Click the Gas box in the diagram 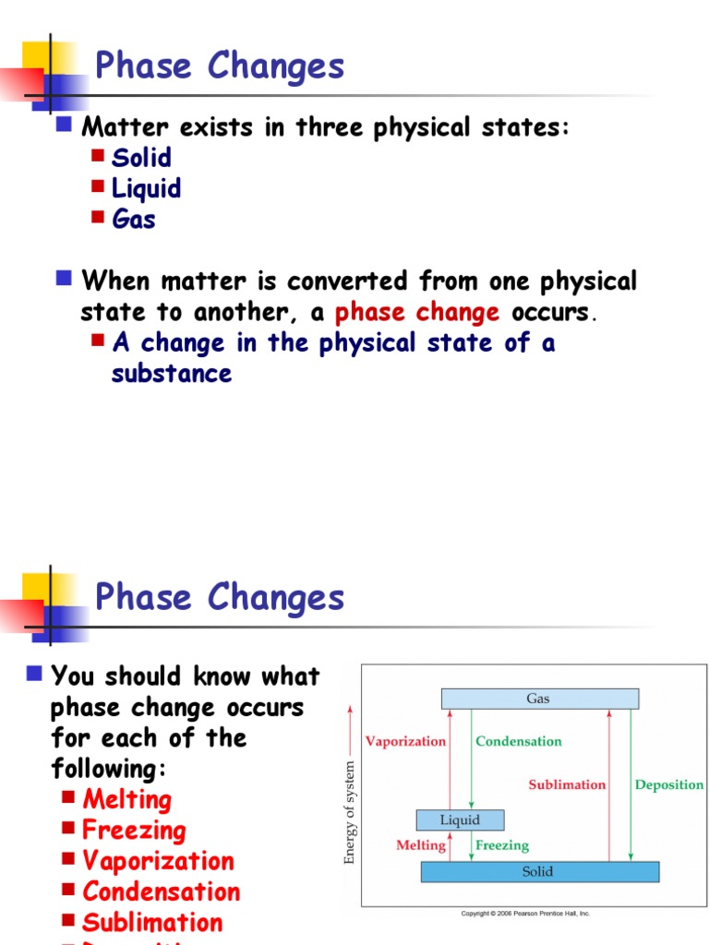point(539,699)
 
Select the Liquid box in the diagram point(460,819)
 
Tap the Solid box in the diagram point(539,871)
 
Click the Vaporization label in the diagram point(405,741)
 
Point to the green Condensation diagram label point(518,741)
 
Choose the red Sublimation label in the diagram point(567,784)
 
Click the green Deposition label point(668,784)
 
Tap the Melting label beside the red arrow point(421,844)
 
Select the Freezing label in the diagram point(502,844)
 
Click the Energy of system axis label point(350,812)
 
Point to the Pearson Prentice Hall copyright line point(525,914)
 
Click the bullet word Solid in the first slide point(141,158)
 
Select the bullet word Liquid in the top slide point(146,188)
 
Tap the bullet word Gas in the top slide point(133,219)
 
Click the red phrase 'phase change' point(417,312)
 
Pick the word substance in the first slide point(172,374)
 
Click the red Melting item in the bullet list point(126,799)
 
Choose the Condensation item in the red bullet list point(161,891)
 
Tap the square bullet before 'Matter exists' point(64,124)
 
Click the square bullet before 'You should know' point(34,672)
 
